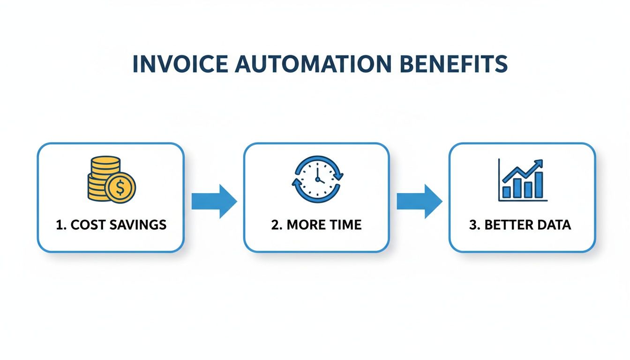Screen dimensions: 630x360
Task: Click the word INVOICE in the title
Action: [180, 64]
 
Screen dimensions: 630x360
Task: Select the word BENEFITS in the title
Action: [454, 64]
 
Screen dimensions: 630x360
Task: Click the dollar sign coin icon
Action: [120, 187]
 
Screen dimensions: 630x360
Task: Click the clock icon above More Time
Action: [317, 179]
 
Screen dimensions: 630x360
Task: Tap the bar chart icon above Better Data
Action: [523, 180]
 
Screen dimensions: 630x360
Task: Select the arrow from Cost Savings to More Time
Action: [214, 202]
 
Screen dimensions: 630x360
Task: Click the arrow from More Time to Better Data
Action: [420, 202]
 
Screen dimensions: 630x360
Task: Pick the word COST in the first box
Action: [88, 225]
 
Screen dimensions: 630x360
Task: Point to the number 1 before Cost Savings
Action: [60, 225]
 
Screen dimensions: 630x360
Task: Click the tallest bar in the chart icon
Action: [539, 185]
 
